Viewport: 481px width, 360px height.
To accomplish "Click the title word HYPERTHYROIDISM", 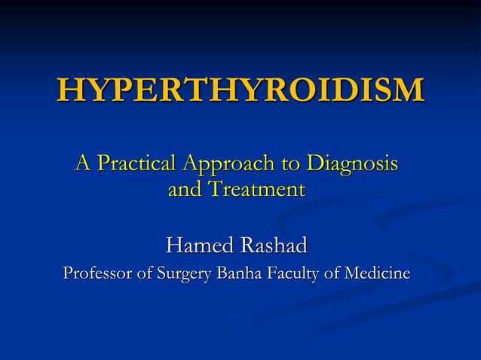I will point(240,90).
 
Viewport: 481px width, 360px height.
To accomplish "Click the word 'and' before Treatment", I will point(183,189).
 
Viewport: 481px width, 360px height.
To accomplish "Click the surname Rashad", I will point(274,246).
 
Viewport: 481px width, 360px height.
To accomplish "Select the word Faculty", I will point(293,273).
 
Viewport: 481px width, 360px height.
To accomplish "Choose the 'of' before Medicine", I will point(332,273).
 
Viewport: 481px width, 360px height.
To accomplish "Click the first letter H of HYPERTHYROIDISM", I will point(69,90).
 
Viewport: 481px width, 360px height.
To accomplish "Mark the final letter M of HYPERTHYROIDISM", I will point(408,90).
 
